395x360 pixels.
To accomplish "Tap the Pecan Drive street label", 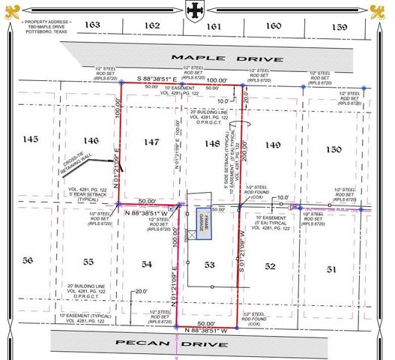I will (x=172, y=343).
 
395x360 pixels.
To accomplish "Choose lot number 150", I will (x=333, y=150).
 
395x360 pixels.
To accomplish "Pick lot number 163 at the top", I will (x=91, y=25).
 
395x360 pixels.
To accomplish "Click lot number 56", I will (x=28, y=260).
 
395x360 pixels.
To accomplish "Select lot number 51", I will (x=331, y=268).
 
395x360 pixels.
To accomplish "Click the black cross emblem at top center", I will (x=196, y=11).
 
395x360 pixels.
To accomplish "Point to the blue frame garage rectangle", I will (x=201, y=223).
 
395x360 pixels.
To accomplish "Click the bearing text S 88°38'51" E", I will (x=156, y=79).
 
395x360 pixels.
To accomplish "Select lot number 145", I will (x=30, y=139).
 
